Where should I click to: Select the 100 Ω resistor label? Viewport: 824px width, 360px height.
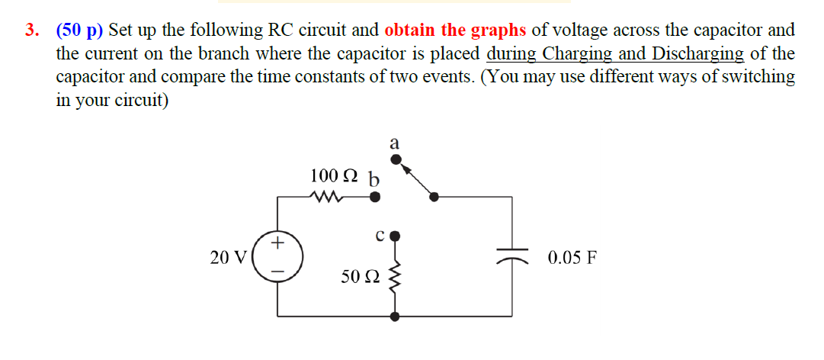[334, 176]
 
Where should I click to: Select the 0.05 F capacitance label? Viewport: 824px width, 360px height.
[572, 257]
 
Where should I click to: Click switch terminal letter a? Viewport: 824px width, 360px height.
[394, 143]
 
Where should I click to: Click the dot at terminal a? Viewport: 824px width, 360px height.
[395, 159]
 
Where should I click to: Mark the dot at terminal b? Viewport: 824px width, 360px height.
[374, 197]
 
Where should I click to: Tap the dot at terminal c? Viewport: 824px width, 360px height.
[395, 235]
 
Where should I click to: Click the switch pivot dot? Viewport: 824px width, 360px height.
[434, 197]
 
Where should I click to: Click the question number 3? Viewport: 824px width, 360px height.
[31, 31]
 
